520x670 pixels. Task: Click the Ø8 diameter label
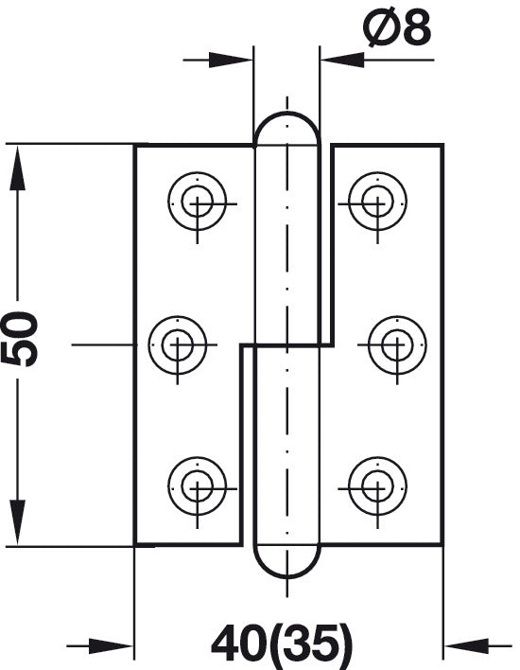click(397, 28)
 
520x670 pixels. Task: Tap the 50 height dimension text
click(19, 340)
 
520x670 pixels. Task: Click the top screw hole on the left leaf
click(197, 202)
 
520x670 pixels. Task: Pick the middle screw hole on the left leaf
click(178, 344)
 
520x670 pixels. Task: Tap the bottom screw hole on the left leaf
click(197, 486)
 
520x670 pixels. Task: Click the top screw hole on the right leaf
click(378, 202)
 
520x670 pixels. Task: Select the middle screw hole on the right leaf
click(397, 344)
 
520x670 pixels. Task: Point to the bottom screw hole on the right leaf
click(378, 486)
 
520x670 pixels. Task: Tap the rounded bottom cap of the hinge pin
click(286, 576)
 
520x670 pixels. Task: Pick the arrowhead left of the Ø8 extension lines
click(231, 60)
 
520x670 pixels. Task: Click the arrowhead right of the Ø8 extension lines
click(342, 60)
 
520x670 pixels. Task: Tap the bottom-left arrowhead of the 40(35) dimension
click(112, 645)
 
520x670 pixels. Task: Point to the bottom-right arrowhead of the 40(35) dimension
click(466, 645)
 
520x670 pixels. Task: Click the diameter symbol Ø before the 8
click(380, 28)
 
